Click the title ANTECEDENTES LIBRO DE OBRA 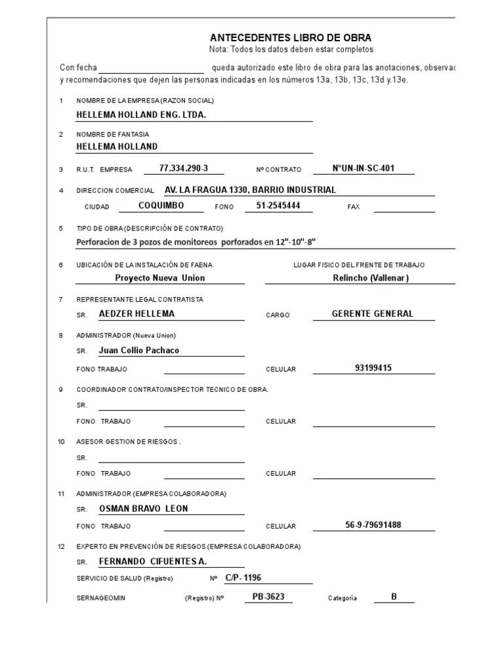[290, 38]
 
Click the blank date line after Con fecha [151, 69]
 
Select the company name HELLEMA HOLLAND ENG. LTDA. [141, 115]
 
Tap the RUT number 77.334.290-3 [184, 168]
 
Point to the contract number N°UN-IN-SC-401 [363, 168]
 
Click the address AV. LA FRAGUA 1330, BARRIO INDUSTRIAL [250, 190]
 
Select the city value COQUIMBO [161, 205]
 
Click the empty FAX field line [404, 208]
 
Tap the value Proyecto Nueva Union [160, 277]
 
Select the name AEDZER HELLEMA [137, 313]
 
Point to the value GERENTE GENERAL [373, 313]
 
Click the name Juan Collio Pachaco [139, 350]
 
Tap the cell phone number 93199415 [373, 368]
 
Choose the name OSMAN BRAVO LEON [143, 508]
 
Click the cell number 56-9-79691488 [373, 525]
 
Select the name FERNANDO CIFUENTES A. [152, 561]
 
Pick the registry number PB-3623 [268, 597]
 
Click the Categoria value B [394, 597]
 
